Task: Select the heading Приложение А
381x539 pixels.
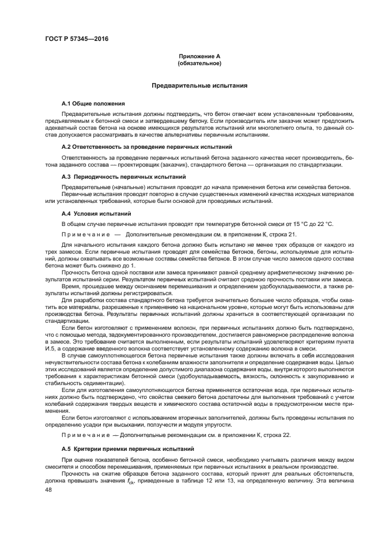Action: coord(199,56)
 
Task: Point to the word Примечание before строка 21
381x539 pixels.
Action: coord(84,235)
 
